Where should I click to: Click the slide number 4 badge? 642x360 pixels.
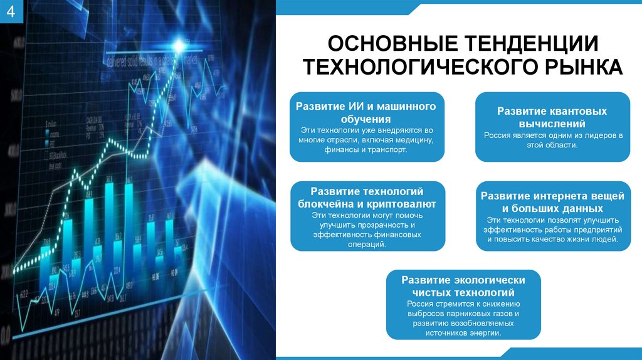pyautogui.click(x=10, y=14)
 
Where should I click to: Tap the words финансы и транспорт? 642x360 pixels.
pyautogui.click(x=367, y=151)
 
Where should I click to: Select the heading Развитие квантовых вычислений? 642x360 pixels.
pyautogui.click(x=552, y=117)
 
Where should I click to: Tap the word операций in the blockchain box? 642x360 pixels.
pyautogui.click(x=367, y=245)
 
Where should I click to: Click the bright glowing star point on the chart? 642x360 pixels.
pyautogui.click(x=181, y=45)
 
